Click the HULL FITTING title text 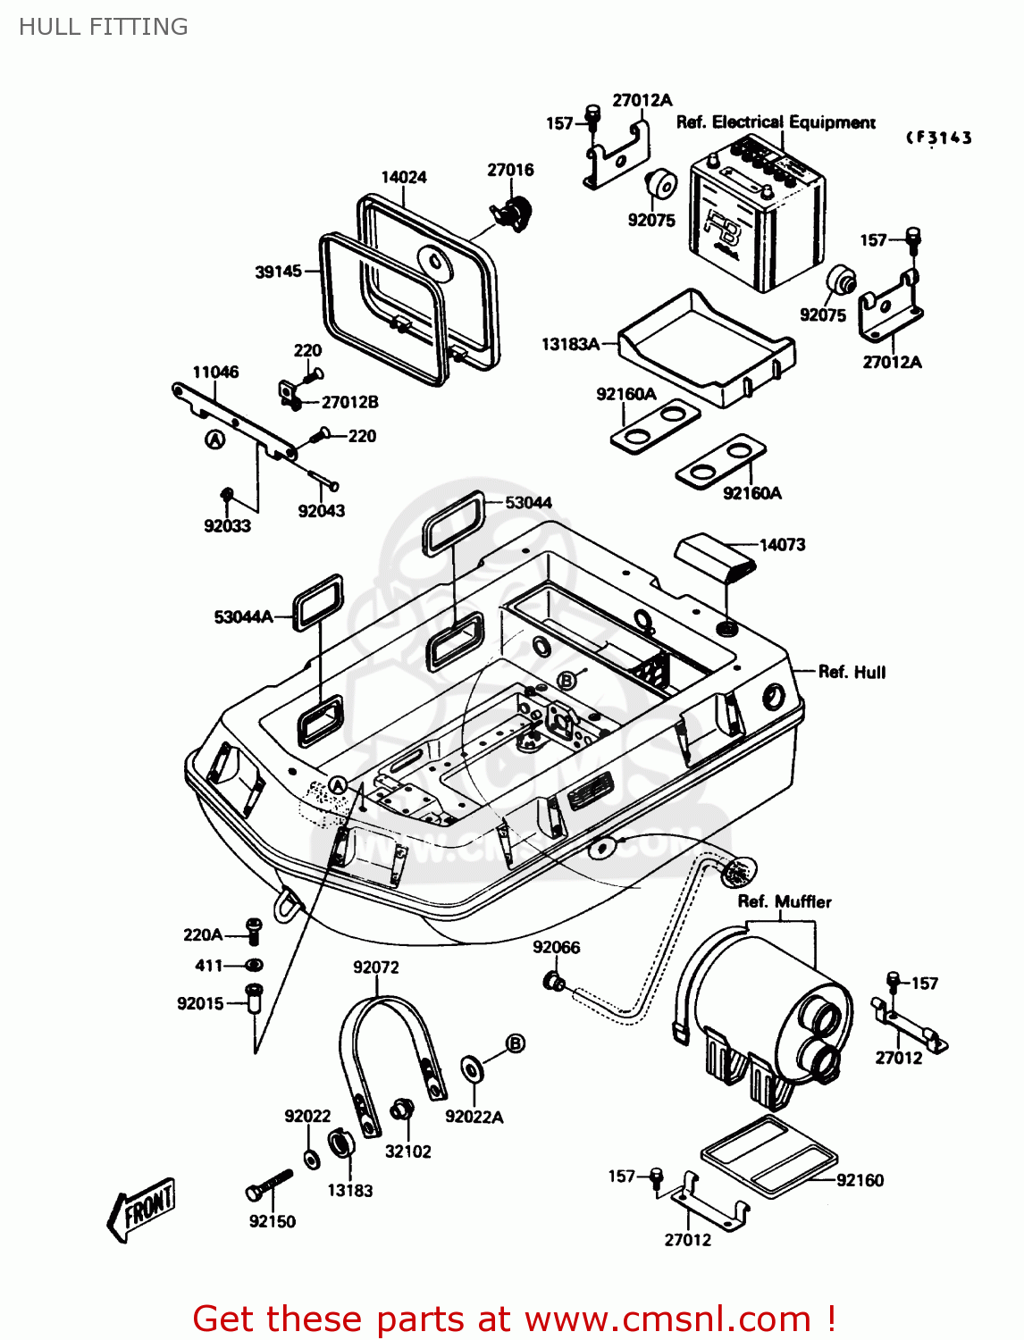[x=103, y=27]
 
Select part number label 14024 [x=404, y=178]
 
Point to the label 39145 [x=279, y=271]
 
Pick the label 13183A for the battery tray [x=570, y=344]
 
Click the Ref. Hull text [x=852, y=672]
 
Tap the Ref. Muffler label [x=785, y=901]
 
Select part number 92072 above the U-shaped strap [x=375, y=967]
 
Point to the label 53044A [x=243, y=617]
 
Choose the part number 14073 [x=782, y=545]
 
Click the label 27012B [x=350, y=402]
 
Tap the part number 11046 [x=215, y=372]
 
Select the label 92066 [x=557, y=947]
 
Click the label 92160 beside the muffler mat [x=860, y=1180]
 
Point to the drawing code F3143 [x=938, y=138]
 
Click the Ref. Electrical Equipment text [x=776, y=122]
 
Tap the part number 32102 [x=407, y=1152]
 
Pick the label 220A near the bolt [x=203, y=934]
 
